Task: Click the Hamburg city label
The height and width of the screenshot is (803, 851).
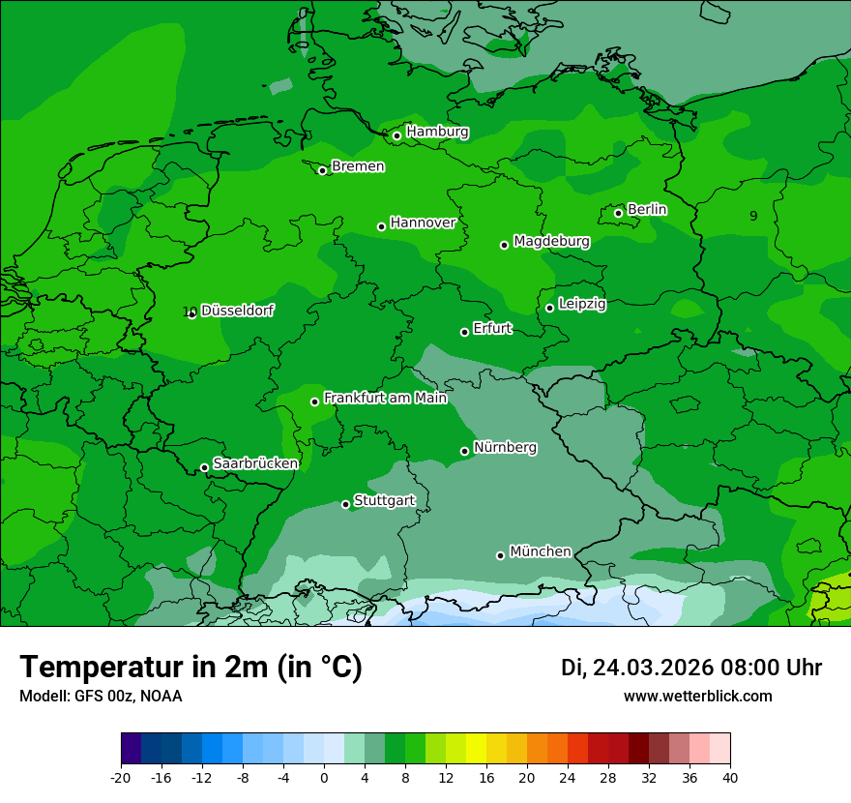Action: pos(437,132)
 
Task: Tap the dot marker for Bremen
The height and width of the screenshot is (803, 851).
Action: pos(323,170)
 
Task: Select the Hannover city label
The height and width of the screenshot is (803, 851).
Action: pos(423,223)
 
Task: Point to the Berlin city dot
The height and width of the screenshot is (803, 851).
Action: pos(619,213)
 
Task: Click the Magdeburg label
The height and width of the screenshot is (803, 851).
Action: pos(551,241)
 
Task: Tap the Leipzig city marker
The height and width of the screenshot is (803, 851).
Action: pos(550,308)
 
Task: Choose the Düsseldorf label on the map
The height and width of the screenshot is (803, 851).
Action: pos(237,311)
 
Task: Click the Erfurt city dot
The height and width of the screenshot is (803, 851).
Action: pos(465,332)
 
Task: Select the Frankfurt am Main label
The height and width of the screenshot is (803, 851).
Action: pos(385,398)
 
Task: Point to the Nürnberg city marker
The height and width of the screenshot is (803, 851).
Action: pos(465,451)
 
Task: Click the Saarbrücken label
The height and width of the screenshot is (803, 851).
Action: pos(255,463)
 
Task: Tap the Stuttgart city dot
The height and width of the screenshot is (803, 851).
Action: pos(346,504)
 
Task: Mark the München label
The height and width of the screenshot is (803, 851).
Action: pos(540,551)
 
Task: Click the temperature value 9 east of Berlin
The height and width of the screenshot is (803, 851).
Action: pos(753,216)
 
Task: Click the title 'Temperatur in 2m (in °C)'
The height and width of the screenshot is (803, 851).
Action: pos(191,668)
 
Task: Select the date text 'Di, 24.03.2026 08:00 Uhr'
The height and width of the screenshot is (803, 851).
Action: pos(691,668)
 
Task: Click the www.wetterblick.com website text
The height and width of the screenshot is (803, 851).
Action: pos(697,696)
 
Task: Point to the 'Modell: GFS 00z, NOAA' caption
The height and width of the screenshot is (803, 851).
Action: pos(101,696)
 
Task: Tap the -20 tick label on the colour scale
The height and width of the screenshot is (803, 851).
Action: pos(121,777)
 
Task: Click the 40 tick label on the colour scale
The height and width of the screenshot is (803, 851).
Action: pos(730,777)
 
